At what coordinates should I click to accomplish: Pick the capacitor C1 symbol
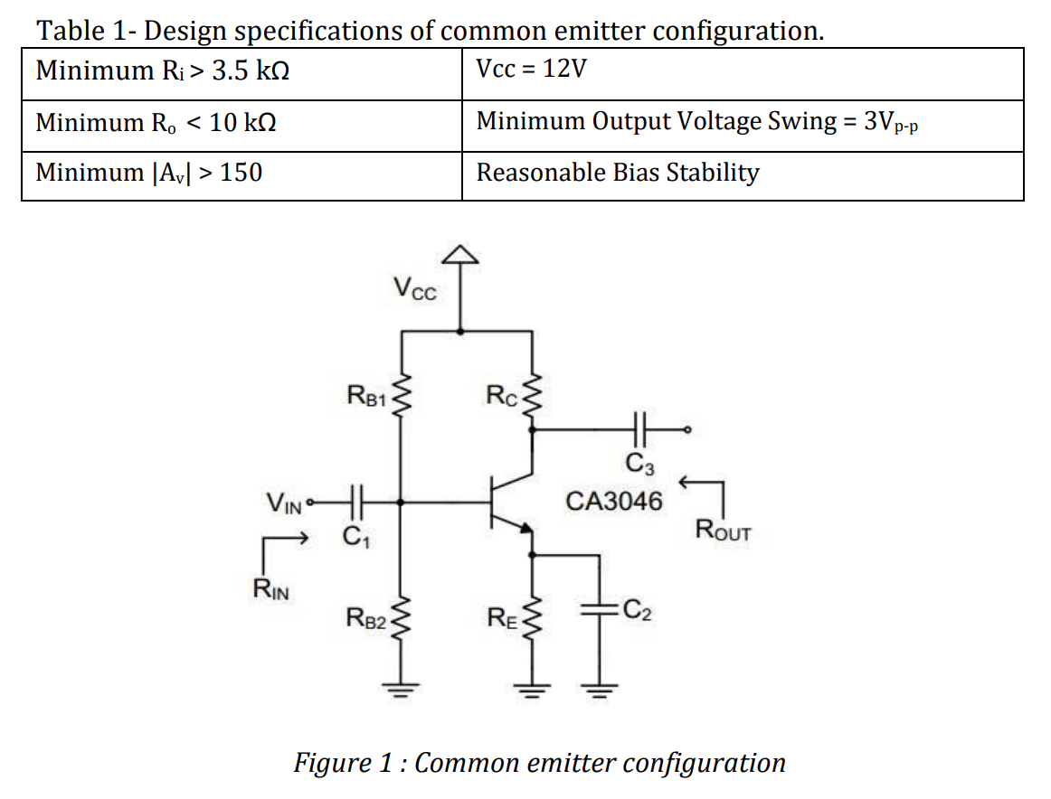pos(355,501)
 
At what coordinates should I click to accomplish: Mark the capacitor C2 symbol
pos(598,609)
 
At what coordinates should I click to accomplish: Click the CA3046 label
pos(613,501)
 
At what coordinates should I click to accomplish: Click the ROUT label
pos(723,530)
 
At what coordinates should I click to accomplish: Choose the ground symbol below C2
pos(598,692)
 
